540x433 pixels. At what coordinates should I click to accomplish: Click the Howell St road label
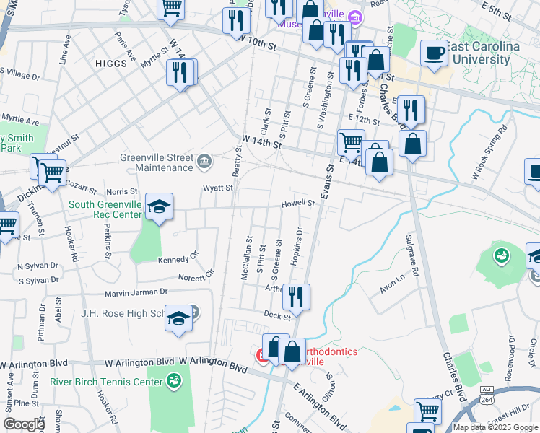pos(298,204)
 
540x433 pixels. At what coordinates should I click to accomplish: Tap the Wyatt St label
pos(217,188)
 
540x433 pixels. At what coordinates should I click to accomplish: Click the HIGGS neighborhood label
pos(110,64)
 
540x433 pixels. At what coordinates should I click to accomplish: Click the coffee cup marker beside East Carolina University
pos(434,53)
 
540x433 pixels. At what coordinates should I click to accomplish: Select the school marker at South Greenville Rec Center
pos(159,207)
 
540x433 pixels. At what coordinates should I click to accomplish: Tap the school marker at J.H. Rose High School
pos(178,318)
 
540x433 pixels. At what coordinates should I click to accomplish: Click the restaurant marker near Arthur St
pos(296,295)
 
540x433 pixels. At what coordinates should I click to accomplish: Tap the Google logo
pos(24,424)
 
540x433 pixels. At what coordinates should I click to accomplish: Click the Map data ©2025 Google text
pos(495,427)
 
